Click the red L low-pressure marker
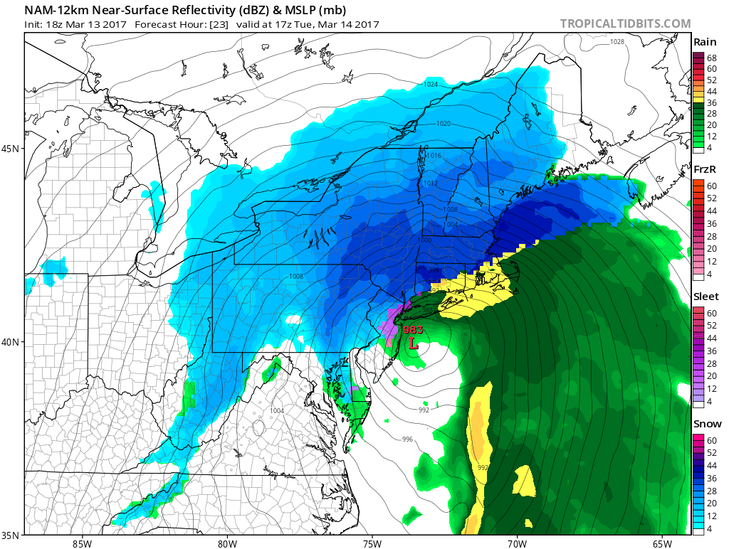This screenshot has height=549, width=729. pyautogui.click(x=412, y=343)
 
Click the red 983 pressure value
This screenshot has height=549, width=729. pyautogui.click(x=413, y=330)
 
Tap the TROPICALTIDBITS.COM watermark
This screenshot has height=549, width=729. pyautogui.click(x=625, y=23)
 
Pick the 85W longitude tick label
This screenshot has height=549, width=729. pyautogui.click(x=82, y=543)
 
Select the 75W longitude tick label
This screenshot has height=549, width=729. pyautogui.click(x=372, y=543)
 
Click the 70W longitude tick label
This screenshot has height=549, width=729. pyautogui.click(x=517, y=543)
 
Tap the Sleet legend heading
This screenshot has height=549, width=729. pyautogui.click(x=706, y=297)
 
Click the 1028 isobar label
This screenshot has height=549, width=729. pyautogui.click(x=617, y=42)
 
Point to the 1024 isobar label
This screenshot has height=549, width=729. pyautogui.click(x=430, y=85)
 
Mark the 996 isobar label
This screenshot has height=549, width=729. pyautogui.click(x=407, y=439)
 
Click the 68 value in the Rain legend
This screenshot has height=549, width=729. pyautogui.click(x=711, y=57)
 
